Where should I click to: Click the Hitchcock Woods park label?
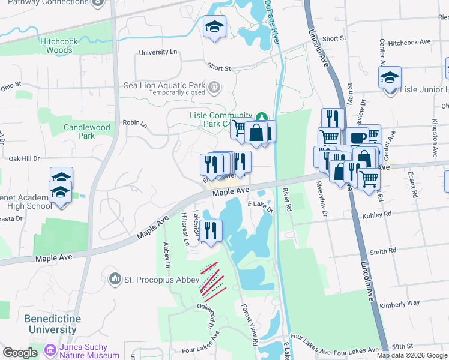[x=56, y=46]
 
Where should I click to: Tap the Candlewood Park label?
[x=87, y=131]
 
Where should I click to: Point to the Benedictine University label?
[x=50, y=323]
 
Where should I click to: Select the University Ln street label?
[x=158, y=53]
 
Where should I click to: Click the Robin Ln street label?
[x=134, y=123]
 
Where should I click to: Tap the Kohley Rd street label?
[x=376, y=214]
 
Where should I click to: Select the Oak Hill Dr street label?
[x=24, y=159]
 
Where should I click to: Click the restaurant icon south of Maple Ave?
[x=211, y=230]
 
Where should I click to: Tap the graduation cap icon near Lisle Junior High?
[x=390, y=78]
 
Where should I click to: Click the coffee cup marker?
[x=357, y=137]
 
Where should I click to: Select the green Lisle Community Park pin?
[x=261, y=116]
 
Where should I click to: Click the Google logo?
[x=20, y=353]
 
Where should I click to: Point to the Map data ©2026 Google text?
[x=412, y=355]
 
